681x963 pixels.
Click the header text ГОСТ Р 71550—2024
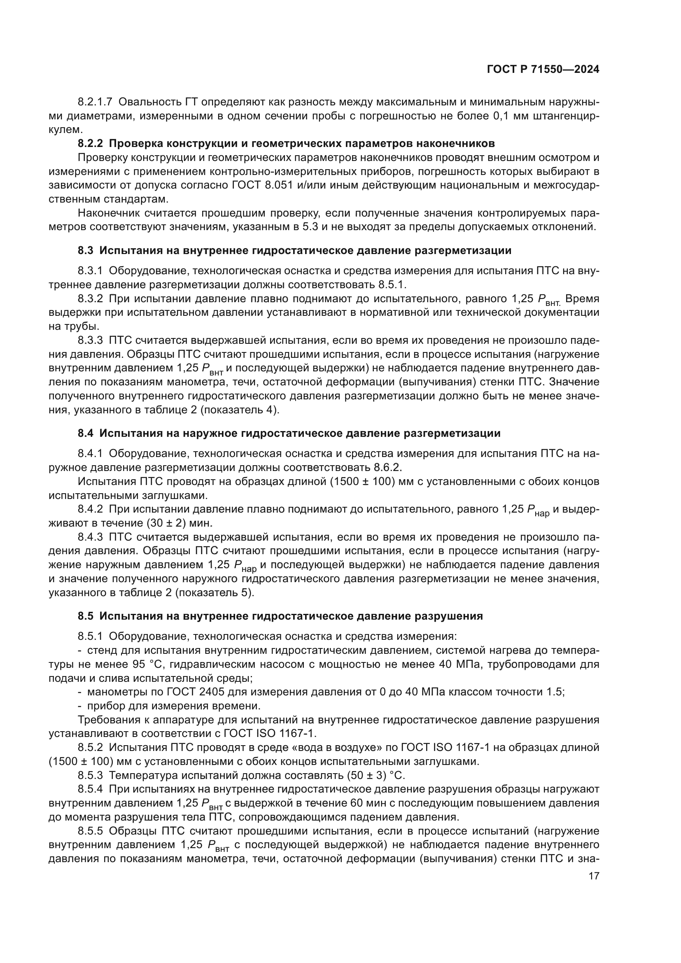pos(543,70)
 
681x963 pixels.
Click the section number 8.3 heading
pos(85,251)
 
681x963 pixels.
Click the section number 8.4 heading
pos(85,433)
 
